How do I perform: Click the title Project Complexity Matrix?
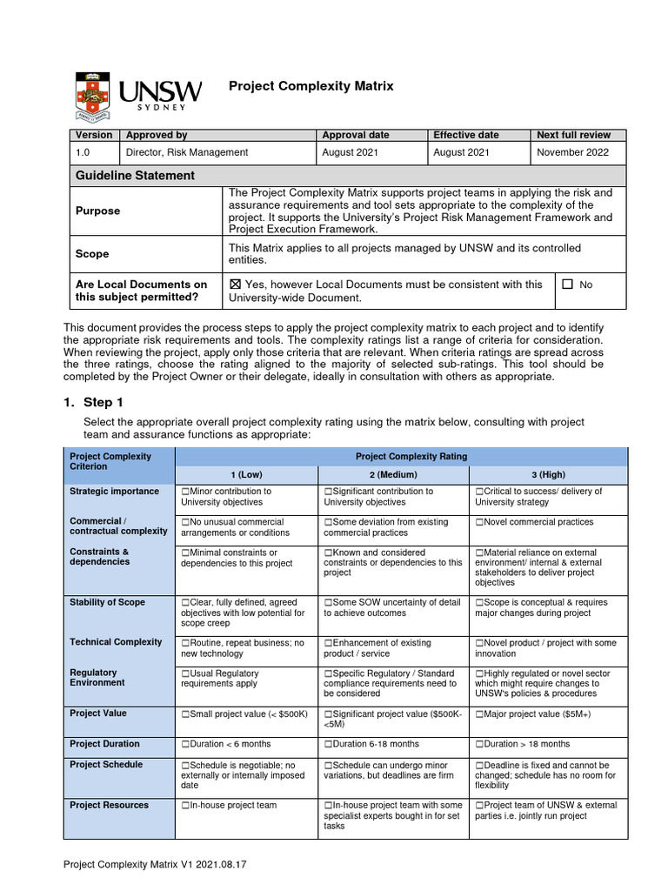point(311,86)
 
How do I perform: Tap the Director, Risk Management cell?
point(187,152)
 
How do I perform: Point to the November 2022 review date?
point(573,152)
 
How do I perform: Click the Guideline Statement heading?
point(136,175)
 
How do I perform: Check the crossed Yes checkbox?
point(235,285)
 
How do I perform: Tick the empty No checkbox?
point(568,285)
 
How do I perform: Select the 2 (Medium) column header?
point(393,475)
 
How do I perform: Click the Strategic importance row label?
point(114,492)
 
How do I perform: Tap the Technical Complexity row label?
point(116,642)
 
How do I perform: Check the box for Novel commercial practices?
point(479,522)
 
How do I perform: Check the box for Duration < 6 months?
point(185,744)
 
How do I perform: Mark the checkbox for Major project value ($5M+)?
point(479,714)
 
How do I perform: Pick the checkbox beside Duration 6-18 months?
point(328,744)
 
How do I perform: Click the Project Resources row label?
point(109,806)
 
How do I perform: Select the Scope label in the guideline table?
point(92,254)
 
